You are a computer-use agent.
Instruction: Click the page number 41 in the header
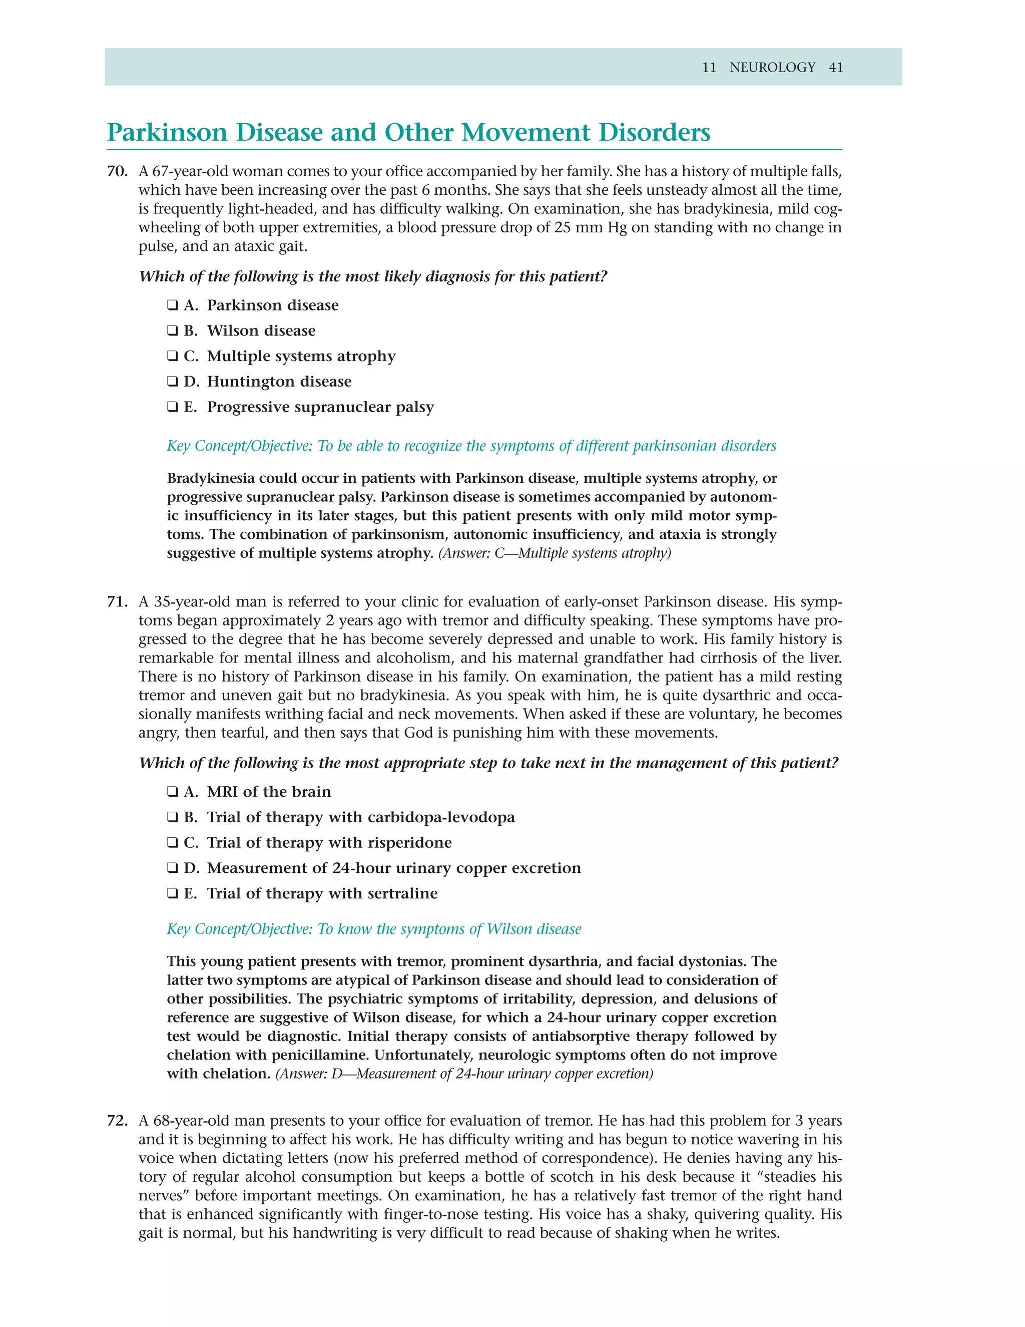click(835, 68)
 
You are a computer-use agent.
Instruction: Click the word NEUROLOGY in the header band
click(772, 68)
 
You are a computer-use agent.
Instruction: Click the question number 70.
click(117, 171)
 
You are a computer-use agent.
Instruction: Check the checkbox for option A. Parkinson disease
click(173, 305)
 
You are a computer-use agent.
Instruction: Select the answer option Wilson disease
click(261, 330)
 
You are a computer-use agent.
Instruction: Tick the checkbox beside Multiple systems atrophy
click(173, 356)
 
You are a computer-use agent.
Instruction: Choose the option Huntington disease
click(279, 382)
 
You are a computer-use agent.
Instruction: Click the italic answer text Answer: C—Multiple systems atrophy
click(555, 553)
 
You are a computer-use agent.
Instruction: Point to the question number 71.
click(117, 601)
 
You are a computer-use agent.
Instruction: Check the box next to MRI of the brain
click(173, 792)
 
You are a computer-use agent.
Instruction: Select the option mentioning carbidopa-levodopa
click(361, 817)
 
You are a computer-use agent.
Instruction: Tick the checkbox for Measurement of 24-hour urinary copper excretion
click(173, 868)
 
